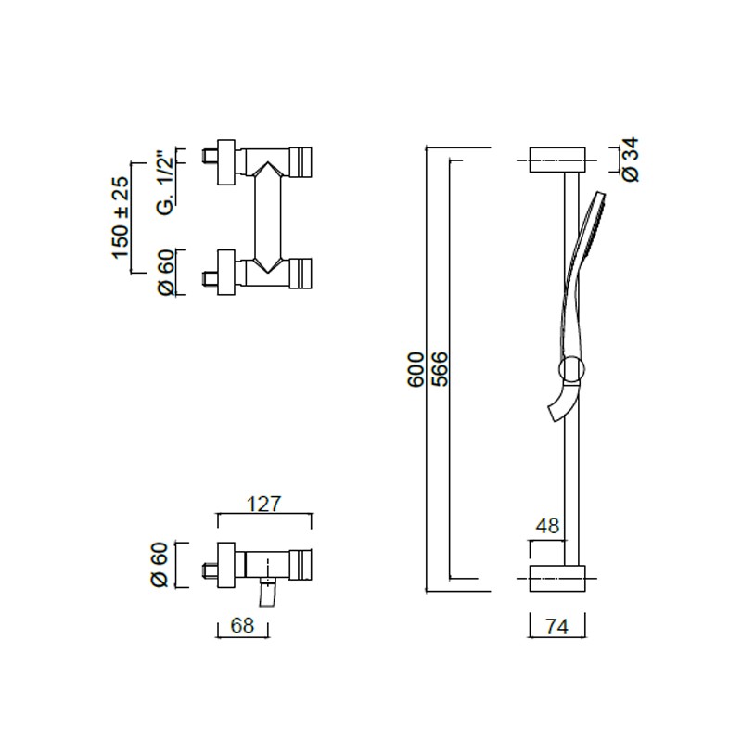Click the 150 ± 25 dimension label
pyautogui.click(x=122, y=217)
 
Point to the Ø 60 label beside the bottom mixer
pyautogui.click(x=160, y=565)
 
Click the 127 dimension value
pyautogui.click(x=264, y=504)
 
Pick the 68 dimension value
pyautogui.click(x=242, y=625)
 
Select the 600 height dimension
pyautogui.click(x=416, y=369)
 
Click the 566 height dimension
pyautogui.click(x=440, y=369)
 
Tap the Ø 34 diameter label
pyautogui.click(x=632, y=160)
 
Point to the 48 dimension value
pyautogui.click(x=548, y=526)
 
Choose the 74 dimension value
pyautogui.click(x=557, y=627)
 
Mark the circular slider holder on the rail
pyautogui.click(x=572, y=369)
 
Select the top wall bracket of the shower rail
pyautogui.click(x=557, y=160)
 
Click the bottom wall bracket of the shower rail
pyautogui.click(x=557, y=578)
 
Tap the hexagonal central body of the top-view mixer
pyautogui.click(x=268, y=217)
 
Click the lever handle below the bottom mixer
pyautogui.click(x=268, y=594)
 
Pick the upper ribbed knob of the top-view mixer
pyautogui.click(x=301, y=162)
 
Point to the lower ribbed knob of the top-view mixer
pyautogui.click(x=301, y=273)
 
